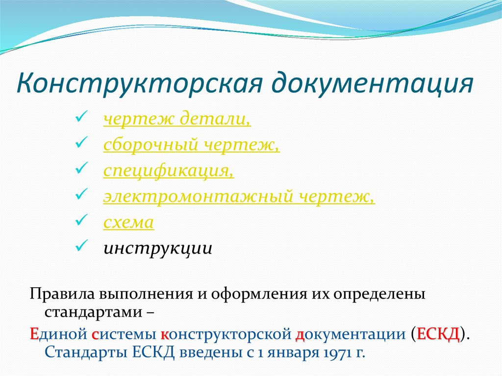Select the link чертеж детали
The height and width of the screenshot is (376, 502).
(177, 119)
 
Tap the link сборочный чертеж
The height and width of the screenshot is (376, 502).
(191, 145)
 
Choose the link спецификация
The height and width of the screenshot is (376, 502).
(168, 171)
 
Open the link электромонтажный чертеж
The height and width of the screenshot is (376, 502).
(239, 197)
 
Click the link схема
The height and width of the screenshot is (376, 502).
(128, 223)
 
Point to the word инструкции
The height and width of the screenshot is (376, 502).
(157, 248)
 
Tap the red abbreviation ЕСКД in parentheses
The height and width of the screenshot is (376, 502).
(438, 334)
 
